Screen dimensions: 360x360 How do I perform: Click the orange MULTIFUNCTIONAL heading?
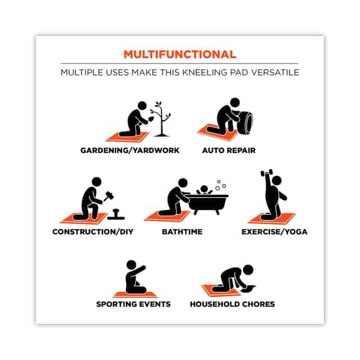click(180, 55)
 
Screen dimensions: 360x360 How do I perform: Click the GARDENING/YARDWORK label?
click(130, 150)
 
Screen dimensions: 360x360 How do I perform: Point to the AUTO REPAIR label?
click(229, 150)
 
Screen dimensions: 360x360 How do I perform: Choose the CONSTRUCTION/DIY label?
click(93, 232)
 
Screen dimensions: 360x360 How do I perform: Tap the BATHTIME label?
click(182, 232)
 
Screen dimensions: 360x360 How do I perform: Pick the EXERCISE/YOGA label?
click(274, 232)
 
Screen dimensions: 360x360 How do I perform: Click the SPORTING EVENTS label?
click(133, 304)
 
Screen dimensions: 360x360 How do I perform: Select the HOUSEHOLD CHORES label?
click(232, 304)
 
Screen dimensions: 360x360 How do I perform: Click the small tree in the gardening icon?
click(162, 119)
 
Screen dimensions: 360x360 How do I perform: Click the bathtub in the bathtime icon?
click(207, 204)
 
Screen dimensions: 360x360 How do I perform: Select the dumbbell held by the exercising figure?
click(267, 173)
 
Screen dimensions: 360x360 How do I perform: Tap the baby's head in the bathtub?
click(204, 190)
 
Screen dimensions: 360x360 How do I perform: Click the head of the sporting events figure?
click(131, 265)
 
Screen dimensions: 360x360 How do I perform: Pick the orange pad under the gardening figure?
click(128, 136)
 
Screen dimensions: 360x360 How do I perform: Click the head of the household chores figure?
click(248, 269)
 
